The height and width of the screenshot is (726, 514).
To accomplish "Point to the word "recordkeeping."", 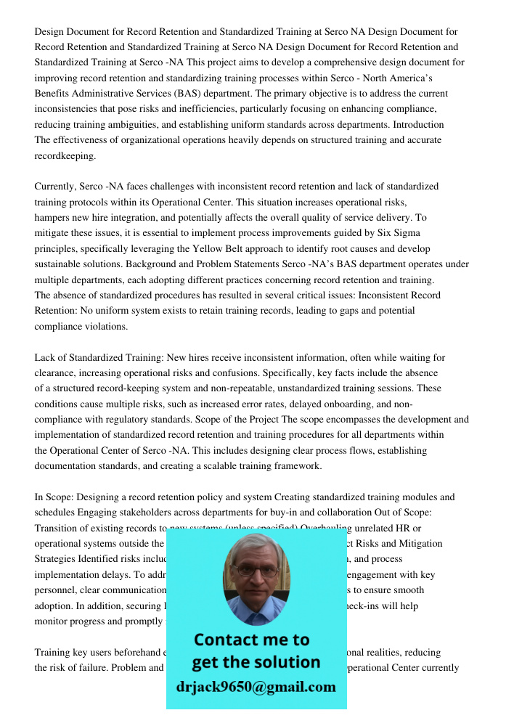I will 65,155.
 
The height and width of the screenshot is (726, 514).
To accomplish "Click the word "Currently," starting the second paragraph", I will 57,187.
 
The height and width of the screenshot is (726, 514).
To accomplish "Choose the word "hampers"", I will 53,217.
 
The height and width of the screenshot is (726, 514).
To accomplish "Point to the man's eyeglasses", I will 256,570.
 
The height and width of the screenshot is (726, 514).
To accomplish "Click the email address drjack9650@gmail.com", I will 256,687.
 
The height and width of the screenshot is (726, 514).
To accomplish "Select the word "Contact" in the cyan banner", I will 227,640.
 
